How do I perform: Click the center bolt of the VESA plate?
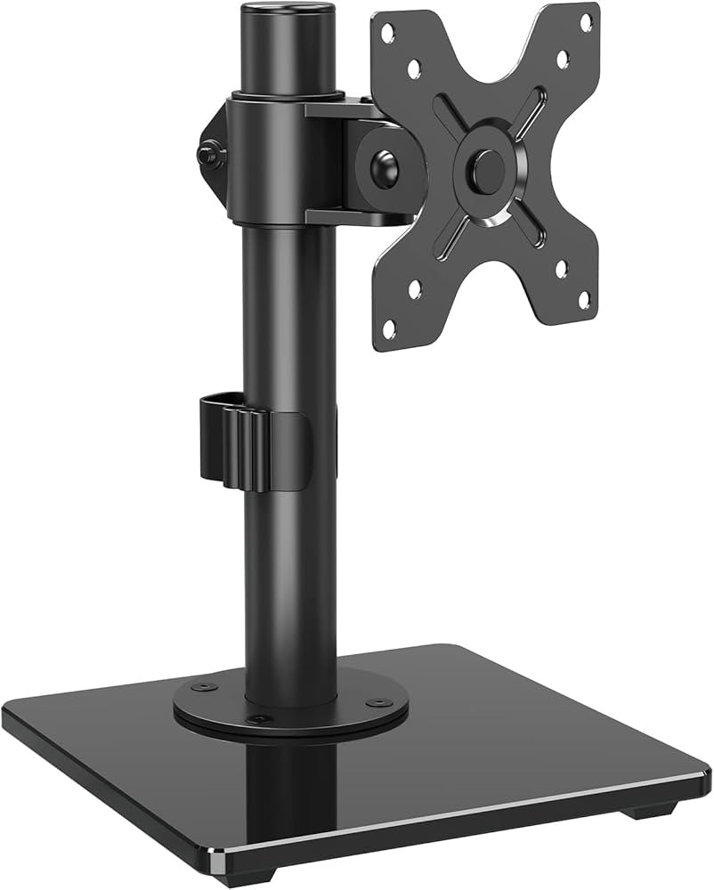486,169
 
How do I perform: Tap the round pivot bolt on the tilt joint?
384,169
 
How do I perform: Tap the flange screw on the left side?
200,687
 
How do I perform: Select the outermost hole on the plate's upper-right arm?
586,21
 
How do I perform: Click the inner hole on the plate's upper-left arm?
414,66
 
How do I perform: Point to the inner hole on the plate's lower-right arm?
561,266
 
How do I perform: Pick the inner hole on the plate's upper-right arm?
563,59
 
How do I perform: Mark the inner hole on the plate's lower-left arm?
415,287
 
